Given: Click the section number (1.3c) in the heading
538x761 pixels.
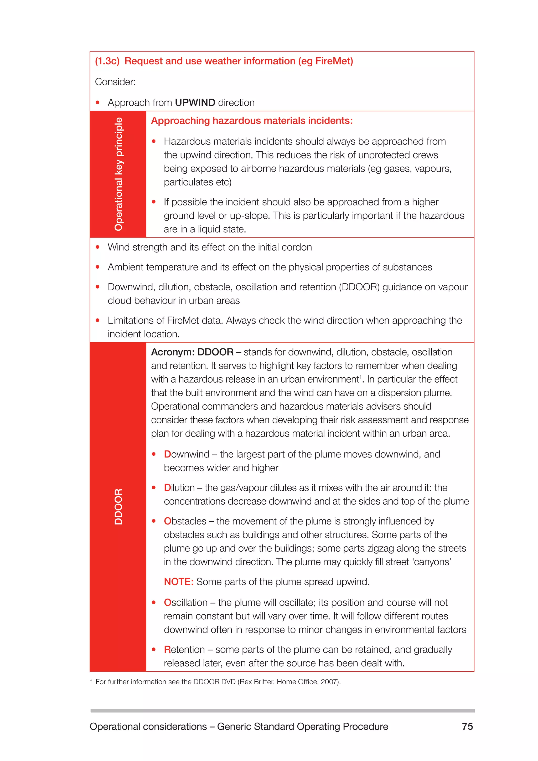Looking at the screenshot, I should pyautogui.click(x=107, y=61).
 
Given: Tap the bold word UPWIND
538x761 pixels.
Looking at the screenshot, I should pyautogui.click(x=195, y=103).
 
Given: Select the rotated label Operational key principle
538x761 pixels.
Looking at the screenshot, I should pyautogui.click(x=118, y=174).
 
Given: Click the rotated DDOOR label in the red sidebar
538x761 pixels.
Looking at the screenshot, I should pyautogui.click(x=118, y=506).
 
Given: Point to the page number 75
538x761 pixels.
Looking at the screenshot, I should pyautogui.click(x=467, y=726).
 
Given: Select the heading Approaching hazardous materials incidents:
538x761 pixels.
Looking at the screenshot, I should pyautogui.click(x=252, y=121).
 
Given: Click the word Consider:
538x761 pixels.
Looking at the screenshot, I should pyautogui.click(x=115, y=82).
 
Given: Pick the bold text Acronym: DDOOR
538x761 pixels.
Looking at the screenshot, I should pyautogui.click(x=192, y=352).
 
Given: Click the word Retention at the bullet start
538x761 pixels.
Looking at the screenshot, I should pyautogui.click(x=184, y=649).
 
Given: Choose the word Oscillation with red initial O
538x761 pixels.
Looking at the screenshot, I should pyautogui.click(x=185, y=602).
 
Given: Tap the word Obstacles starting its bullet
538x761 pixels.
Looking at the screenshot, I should pyautogui.click(x=185, y=521).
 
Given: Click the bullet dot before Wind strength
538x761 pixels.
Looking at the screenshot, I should pyautogui.click(x=97, y=247).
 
